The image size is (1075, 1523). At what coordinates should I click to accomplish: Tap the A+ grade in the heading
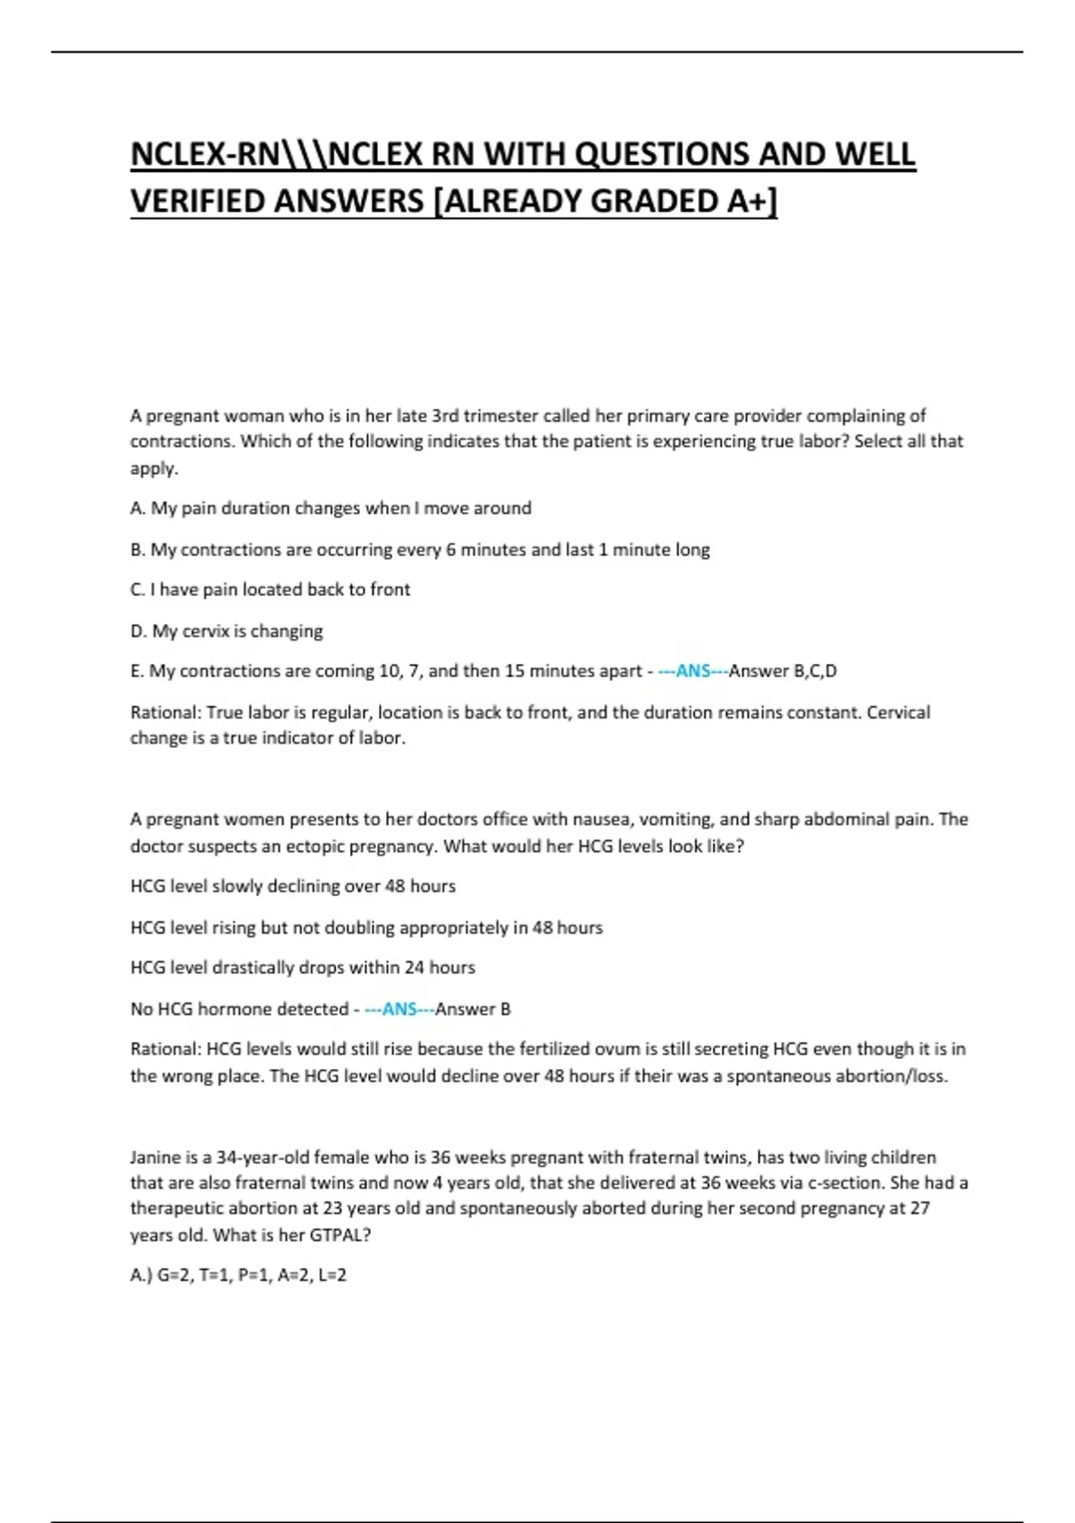pyautogui.click(x=746, y=202)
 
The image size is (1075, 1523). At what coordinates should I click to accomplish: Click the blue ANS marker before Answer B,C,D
pyautogui.click(x=692, y=671)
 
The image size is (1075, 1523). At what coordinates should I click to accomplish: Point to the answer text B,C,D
pyautogui.click(x=813, y=671)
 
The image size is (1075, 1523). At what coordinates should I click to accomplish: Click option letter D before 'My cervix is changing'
pyautogui.click(x=137, y=631)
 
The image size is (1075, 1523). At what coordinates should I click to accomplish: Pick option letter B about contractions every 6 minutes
pyautogui.click(x=137, y=549)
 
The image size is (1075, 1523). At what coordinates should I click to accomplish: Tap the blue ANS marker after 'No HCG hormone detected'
pyautogui.click(x=400, y=1009)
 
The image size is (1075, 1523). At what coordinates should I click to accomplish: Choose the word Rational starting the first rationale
pyautogui.click(x=165, y=712)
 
